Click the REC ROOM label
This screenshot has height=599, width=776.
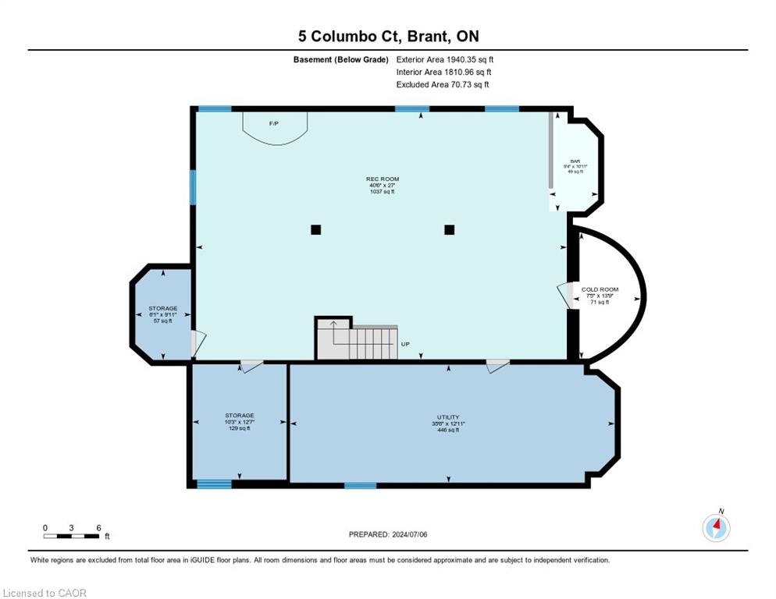pos(383,185)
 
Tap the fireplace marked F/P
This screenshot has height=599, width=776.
pos(274,127)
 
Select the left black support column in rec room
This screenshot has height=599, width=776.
pos(315,229)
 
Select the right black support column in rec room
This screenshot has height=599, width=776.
pos(449,229)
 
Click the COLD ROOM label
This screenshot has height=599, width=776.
pos(600,295)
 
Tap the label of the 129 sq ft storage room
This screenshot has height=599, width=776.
pos(239,421)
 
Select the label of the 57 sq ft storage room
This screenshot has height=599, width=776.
pos(162,314)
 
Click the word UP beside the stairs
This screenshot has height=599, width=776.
pos(405,344)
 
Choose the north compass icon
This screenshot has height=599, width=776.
pos(716,528)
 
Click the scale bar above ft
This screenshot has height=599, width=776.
pos(72,536)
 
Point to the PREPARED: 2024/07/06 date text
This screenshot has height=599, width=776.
pos(387,534)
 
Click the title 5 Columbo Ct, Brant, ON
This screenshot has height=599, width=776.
pos(387,36)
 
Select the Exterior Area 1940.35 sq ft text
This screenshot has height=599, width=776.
pos(444,59)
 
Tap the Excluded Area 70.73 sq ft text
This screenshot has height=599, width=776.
pos(442,84)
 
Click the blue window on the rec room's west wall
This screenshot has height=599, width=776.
pos(193,187)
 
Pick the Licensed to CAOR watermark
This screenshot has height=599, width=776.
pos(44,593)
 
